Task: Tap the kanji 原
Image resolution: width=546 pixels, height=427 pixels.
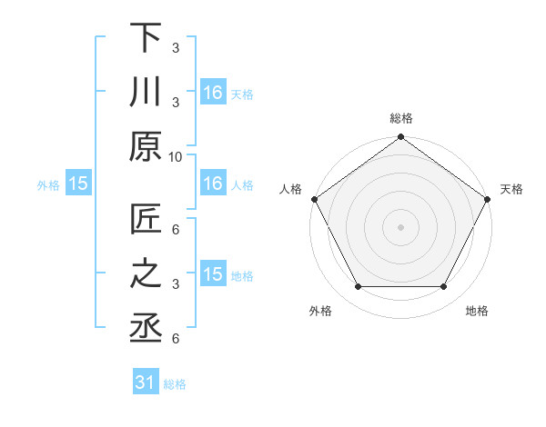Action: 147,144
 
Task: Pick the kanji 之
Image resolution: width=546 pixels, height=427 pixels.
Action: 147,274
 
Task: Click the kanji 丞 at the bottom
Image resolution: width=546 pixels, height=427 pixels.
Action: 147,328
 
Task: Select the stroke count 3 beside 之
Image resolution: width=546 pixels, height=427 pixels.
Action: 175,285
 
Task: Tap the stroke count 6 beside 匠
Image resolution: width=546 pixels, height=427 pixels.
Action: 175,230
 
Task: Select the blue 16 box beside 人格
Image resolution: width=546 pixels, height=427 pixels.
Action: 213,184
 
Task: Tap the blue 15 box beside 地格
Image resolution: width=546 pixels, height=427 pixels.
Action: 213,274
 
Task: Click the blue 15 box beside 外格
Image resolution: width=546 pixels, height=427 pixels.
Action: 77,184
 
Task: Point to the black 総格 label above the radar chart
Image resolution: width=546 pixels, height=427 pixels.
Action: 401,118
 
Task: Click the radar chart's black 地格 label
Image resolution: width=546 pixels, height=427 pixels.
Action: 477,311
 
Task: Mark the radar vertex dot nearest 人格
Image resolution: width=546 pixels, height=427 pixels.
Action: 315,199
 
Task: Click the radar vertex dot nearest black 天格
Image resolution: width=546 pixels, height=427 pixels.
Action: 488,199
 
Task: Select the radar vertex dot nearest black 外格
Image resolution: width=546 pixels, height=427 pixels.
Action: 358,287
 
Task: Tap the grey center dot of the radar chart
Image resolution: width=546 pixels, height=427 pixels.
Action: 401,226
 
